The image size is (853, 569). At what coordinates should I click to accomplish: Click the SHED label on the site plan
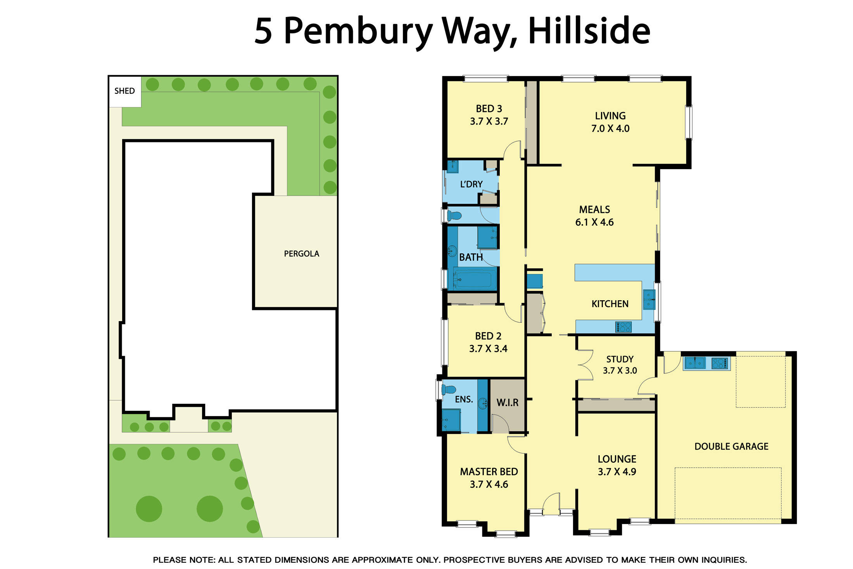tap(124, 91)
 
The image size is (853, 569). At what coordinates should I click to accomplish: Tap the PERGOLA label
tap(301, 254)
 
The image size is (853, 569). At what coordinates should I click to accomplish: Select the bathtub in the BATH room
tap(475, 279)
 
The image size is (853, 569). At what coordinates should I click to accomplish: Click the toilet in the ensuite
tap(449, 389)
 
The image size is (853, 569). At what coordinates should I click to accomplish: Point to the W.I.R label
tap(507, 403)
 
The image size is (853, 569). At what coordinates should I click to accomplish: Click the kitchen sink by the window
tap(649, 299)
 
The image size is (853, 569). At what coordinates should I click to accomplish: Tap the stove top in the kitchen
tap(623, 327)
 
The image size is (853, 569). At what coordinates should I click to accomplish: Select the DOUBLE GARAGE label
tap(731, 446)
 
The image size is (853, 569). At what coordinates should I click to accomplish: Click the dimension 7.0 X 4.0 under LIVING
tap(610, 129)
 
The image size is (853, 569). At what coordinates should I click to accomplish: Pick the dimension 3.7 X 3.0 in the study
tap(620, 371)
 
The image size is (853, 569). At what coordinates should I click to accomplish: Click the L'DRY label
tap(471, 184)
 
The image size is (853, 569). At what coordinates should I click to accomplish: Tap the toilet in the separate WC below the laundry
tap(454, 215)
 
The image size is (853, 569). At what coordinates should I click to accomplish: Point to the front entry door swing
tap(551, 503)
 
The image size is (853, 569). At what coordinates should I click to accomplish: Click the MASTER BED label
tap(489, 472)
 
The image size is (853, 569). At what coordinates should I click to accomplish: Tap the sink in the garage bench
tap(694, 363)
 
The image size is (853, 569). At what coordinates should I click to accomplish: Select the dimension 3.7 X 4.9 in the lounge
tap(616, 472)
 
